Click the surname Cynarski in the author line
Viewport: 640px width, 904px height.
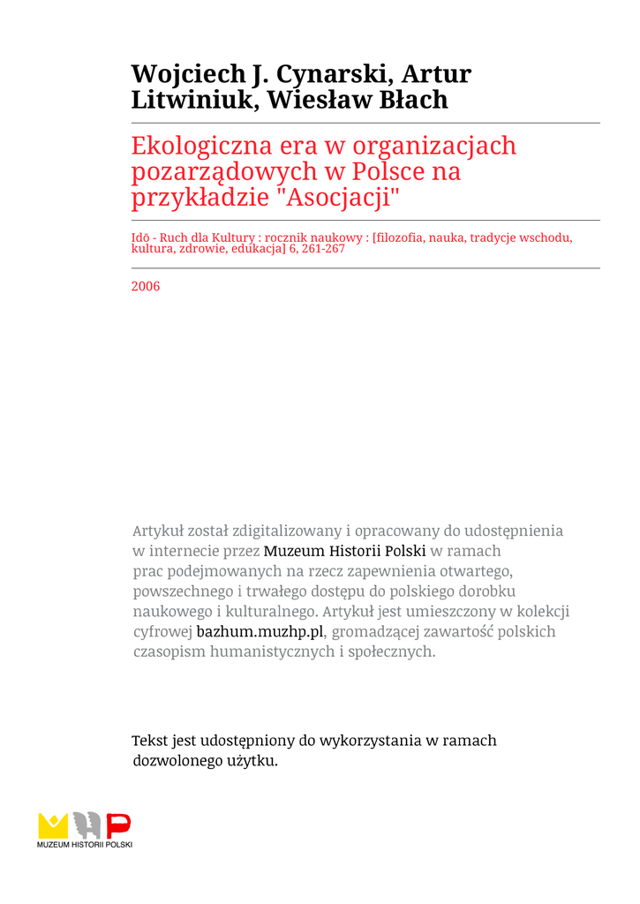pos(334,74)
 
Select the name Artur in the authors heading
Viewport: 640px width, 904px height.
pos(436,74)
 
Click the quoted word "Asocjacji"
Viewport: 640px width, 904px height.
pos(339,197)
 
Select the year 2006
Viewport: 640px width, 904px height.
pos(146,286)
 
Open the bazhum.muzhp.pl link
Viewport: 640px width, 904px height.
pos(260,631)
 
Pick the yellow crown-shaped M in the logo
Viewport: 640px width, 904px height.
pos(53,825)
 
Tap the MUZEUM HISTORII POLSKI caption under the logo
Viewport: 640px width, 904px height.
pos(85,846)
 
